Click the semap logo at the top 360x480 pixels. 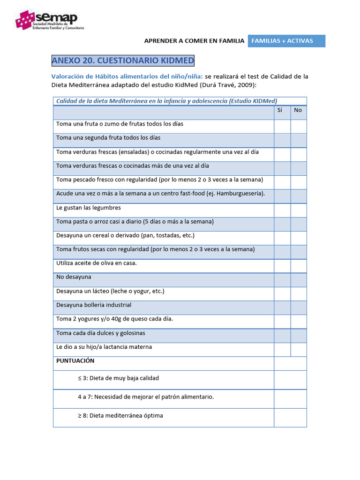click(50, 19)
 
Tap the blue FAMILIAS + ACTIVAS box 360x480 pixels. click(286, 41)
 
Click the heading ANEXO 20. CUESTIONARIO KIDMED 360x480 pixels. click(122, 61)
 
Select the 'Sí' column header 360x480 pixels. click(280, 110)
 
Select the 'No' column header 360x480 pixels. click(298, 110)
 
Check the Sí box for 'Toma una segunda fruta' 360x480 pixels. click(282, 140)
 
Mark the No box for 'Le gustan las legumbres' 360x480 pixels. click(299, 210)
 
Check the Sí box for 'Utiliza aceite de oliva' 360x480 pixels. click(282, 266)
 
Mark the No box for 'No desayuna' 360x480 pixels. click(299, 280)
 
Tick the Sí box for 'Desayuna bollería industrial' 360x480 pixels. click(282, 307)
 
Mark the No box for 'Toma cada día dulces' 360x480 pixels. click(299, 336)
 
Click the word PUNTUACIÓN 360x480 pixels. click(75, 361)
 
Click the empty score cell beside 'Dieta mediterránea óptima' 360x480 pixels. click(290, 418)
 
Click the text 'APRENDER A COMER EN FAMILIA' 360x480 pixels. click(194, 41)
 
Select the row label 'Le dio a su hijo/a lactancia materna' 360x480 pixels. click(104, 347)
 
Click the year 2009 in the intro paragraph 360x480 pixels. click(246, 85)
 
